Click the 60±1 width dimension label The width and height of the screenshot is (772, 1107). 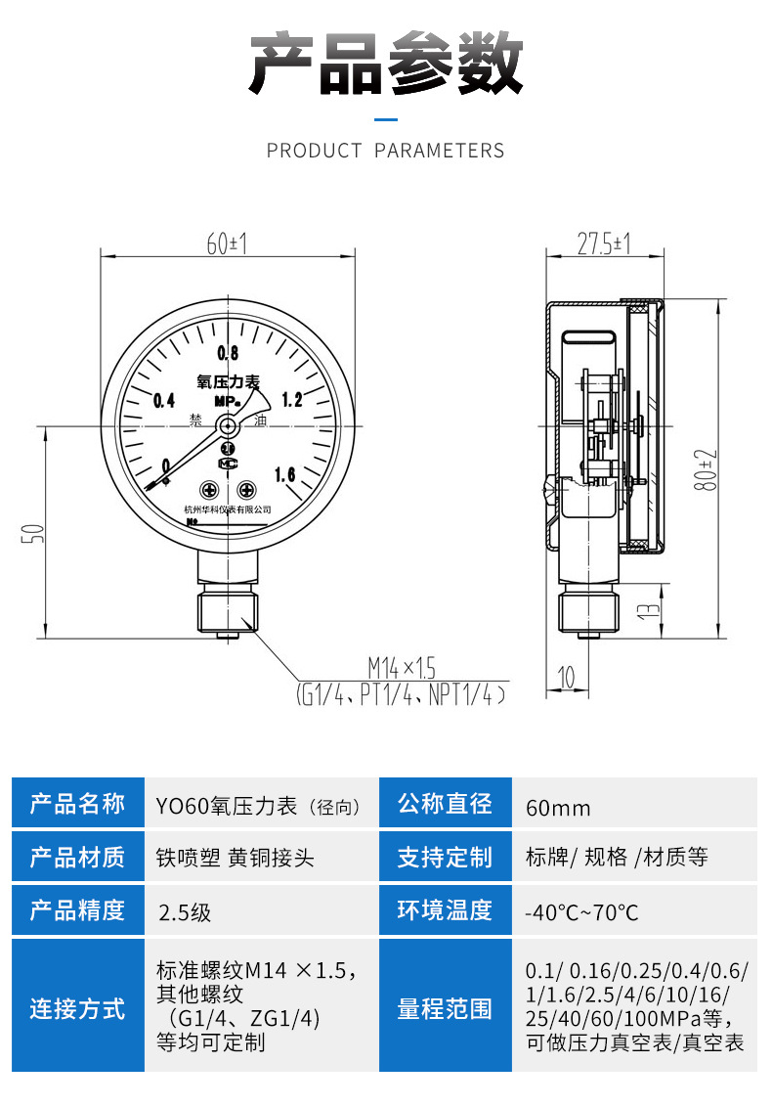pyautogui.click(x=226, y=244)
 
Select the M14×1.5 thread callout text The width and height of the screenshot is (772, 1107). pyautogui.click(x=401, y=669)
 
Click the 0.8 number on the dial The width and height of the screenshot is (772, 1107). pyautogui.click(x=229, y=353)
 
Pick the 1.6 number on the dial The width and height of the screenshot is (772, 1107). pyautogui.click(x=285, y=475)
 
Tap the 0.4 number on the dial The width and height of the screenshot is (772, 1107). pyautogui.click(x=163, y=400)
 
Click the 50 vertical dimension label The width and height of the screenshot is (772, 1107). pyautogui.click(x=32, y=533)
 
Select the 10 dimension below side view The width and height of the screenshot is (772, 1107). pyautogui.click(x=566, y=675)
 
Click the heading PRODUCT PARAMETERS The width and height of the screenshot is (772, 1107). pyautogui.click(x=386, y=151)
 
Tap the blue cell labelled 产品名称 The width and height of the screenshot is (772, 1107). pyautogui.click(x=77, y=804)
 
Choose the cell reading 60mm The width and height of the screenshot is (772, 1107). pyautogui.click(x=558, y=808)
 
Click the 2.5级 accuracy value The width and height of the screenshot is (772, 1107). pyautogui.click(x=185, y=912)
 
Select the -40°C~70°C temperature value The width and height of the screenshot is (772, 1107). pyautogui.click(x=582, y=912)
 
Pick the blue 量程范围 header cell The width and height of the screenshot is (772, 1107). pyautogui.click(x=445, y=1009)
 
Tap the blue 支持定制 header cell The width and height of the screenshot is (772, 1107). pyautogui.click(x=445, y=859)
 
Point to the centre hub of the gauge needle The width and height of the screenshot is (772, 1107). pyautogui.click(x=228, y=425)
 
